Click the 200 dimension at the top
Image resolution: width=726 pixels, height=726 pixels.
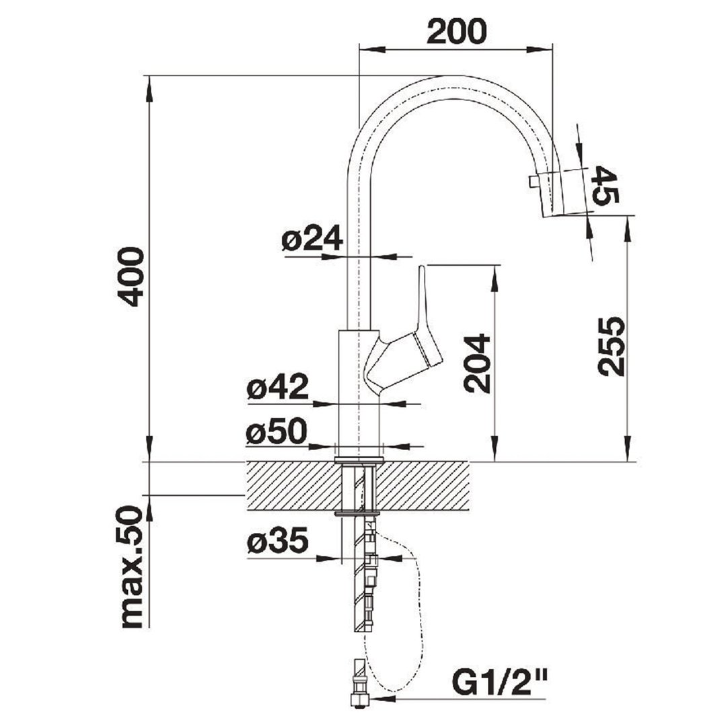pos(456,31)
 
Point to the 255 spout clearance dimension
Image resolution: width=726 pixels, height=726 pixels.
pos(612,346)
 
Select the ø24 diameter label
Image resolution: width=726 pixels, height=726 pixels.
pos(312,240)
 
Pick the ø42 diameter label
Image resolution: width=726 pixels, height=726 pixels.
pos(277,388)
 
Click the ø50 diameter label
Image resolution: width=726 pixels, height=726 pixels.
pos(276,433)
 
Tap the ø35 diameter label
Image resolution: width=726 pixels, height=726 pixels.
pos(277,542)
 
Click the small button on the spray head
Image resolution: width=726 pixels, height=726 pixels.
pos(534,180)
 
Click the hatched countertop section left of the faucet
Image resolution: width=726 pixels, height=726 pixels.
pos(289,485)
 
